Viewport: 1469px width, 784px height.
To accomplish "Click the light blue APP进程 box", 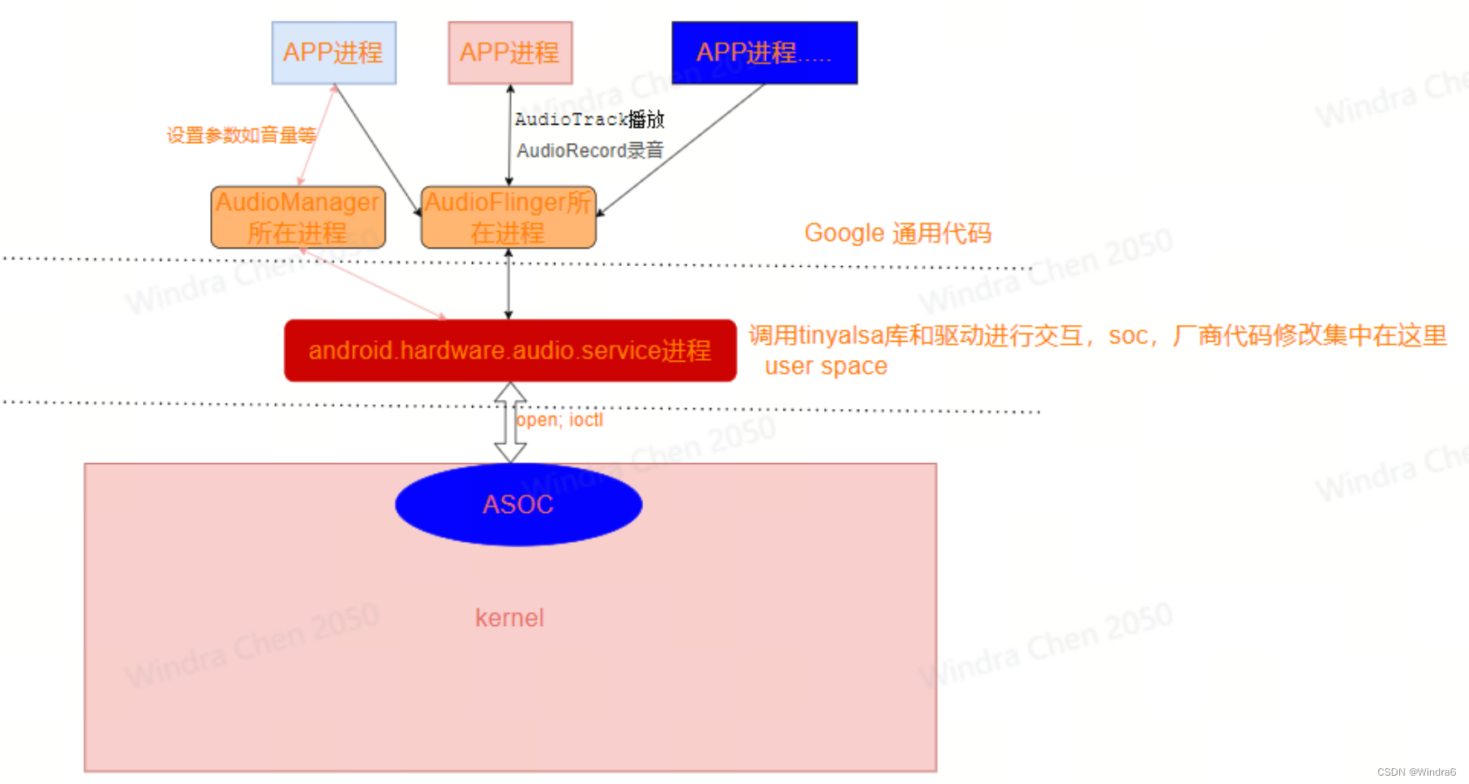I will (x=334, y=53).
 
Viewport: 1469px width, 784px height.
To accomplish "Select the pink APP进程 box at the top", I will (x=510, y=53).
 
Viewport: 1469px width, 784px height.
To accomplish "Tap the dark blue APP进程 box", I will (x=764, y=53).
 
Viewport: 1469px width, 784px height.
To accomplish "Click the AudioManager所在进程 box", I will (x=297, y=218).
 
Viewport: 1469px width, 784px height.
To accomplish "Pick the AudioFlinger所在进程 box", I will (x=508, y=218).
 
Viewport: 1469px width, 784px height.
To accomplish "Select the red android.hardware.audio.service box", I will (x=510, y=351).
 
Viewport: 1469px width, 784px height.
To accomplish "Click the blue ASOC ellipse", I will (x=518, y=505).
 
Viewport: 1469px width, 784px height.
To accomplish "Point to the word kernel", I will (x=509, y=618).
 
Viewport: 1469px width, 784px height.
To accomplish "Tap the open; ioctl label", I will (x=560, y=421).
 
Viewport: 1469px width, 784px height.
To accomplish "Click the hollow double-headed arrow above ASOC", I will (x=509, y=422).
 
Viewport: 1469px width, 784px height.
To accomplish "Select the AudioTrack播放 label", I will (x=589, y=120).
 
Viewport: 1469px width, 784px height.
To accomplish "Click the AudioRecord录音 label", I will (x=590, y=151).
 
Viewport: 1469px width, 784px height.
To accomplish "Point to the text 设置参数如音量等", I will (x=241, y=136).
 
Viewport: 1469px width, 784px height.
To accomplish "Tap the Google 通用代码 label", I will (x=897, y=234).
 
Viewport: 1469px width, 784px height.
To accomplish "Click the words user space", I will (x=826, y=367).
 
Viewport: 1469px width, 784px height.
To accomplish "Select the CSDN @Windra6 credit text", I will (x=1416, y=772).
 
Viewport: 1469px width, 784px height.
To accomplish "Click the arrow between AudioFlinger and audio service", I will (x=508, y=284).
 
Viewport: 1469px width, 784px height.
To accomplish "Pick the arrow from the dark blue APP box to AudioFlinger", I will (x=681, y=150).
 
